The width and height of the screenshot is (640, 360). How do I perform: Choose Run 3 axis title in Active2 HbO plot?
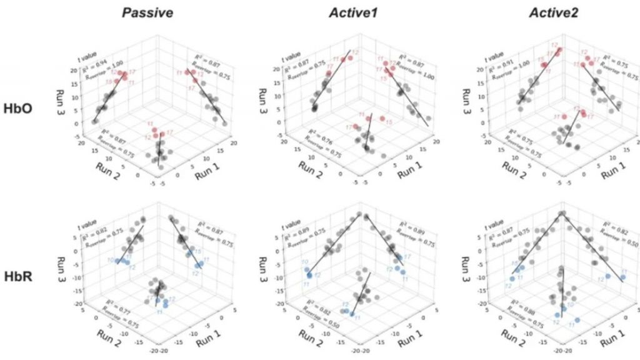click(x=466, y=89)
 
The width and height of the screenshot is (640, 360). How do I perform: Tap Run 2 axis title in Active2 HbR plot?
click(x=514, y=341)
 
